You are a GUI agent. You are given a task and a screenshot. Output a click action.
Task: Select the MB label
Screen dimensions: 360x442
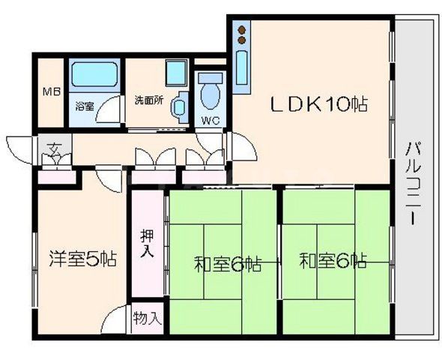(x=50, y=92)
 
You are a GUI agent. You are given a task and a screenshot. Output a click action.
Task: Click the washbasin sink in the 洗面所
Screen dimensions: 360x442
(x=180, y=106)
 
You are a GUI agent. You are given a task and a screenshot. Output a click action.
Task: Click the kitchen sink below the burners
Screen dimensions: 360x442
(x=243, y=68)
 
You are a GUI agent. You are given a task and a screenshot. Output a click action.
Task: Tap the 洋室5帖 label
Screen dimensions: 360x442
(x=82, y=260)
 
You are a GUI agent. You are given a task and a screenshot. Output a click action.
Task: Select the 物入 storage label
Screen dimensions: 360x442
(x=147, y=317)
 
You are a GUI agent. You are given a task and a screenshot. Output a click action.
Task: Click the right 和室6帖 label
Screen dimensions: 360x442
(x=334, y=262)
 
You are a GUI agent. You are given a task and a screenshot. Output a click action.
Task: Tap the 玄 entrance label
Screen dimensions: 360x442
(x=55, y=146)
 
